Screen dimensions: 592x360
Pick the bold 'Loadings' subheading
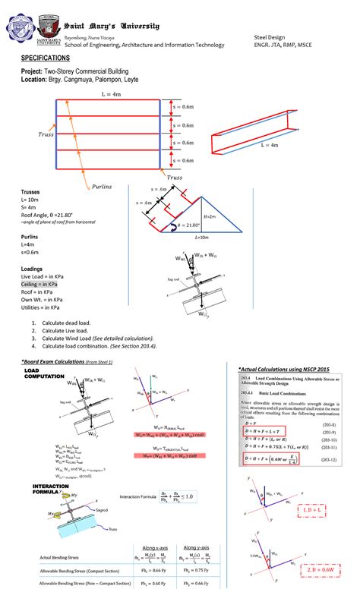coord(31,269)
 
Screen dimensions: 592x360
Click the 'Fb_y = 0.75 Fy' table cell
coord(219,570)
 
